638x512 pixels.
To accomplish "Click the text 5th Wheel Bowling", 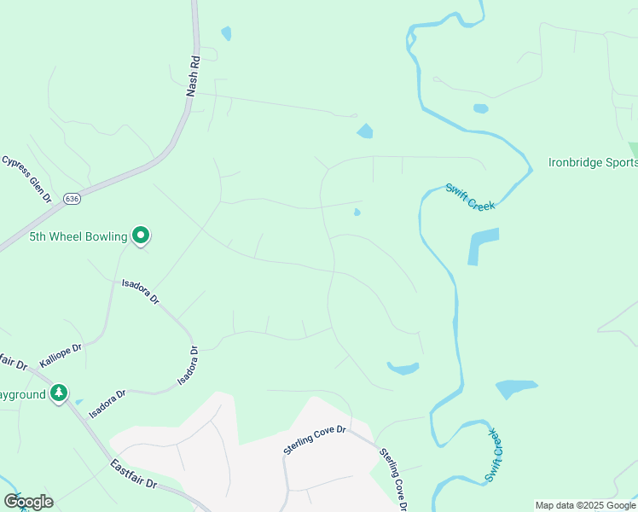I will coord(78,236).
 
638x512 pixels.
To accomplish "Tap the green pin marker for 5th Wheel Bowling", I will coord(141,234).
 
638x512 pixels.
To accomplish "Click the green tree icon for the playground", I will coord(58,393).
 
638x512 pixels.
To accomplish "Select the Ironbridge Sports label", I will coord(591,162).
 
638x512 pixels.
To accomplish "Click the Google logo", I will coord(28,501).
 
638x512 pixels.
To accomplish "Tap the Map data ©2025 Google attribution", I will coord(584,505).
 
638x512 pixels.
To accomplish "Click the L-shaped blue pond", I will coord(479,246).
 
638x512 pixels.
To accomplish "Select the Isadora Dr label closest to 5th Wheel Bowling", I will coord(140,291).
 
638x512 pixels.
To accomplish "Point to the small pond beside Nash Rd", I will coord(226,34).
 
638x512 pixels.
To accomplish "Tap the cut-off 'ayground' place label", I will coord(22,394).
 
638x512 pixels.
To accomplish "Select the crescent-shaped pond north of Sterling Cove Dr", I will coord(403,369).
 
